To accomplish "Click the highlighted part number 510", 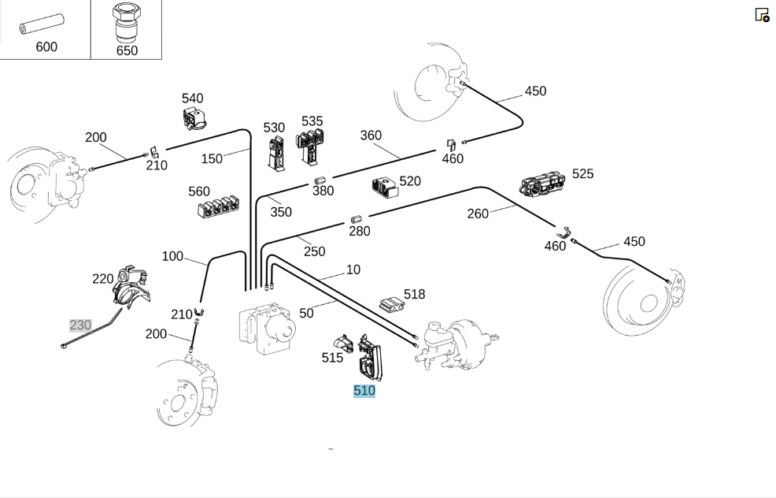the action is (x=364, y=391).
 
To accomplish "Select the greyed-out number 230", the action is (x=80, y=325).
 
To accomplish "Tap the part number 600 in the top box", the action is (x=46, y=47).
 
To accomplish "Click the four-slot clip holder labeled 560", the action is (x=218, y=207).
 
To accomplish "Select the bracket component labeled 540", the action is (x=195, y=118).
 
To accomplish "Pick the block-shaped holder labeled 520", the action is (x=385, y=187).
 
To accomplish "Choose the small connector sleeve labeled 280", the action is (x=356, y=219).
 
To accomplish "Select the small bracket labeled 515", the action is (x=342, y=343).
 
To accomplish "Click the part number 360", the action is (x=371, y=136).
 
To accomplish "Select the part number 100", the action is (x=172, y=256).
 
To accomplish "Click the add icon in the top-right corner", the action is (x=762, y=15).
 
